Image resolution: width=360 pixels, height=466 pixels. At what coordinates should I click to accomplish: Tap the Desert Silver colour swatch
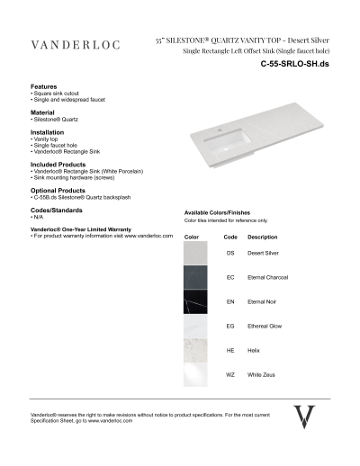[197, 254]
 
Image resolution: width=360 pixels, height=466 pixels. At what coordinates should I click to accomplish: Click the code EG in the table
[230, 326]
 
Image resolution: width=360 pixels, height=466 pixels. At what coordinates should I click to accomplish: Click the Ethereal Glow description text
[265, 326]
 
